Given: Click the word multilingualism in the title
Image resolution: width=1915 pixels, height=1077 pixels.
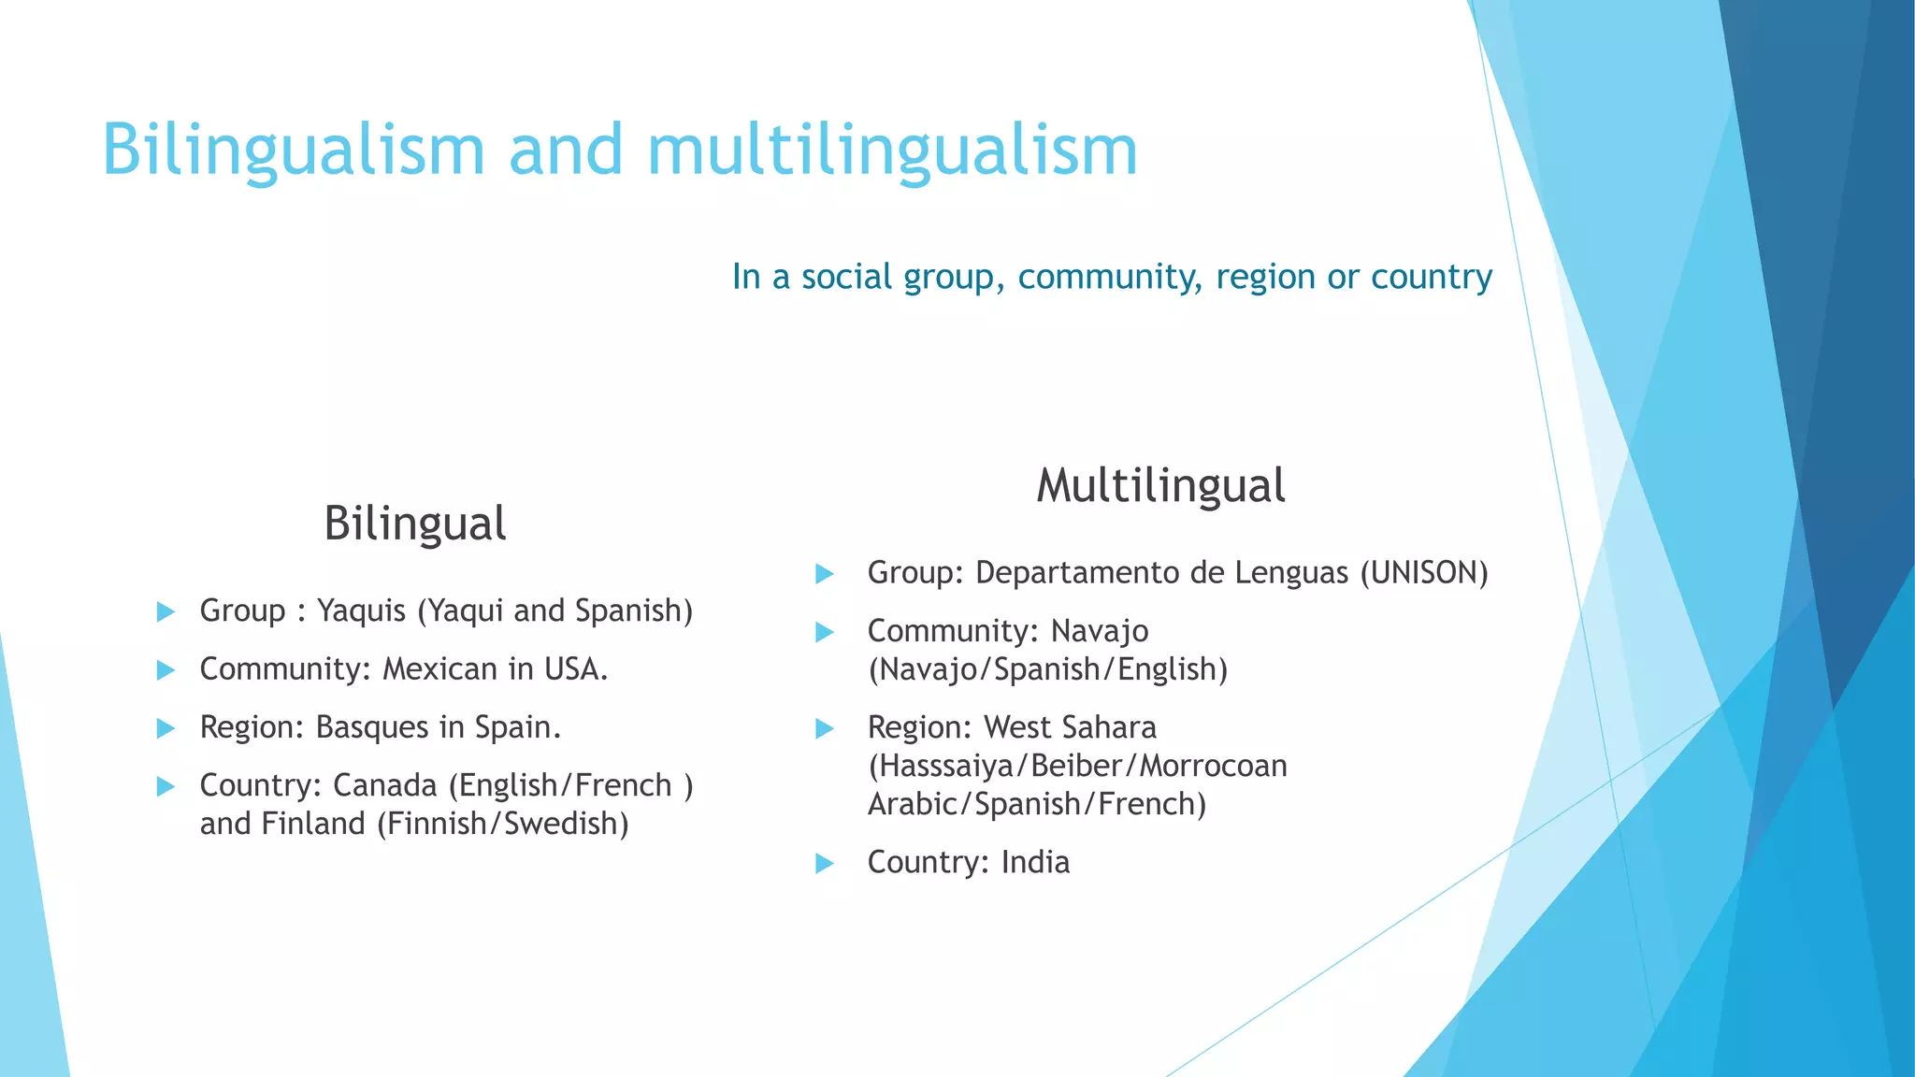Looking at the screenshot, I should click(x=892, y=150).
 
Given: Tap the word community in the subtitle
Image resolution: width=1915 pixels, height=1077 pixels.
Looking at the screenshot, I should click(x=1110, y=277).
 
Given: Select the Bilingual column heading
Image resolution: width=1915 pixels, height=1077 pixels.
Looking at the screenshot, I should click(x=414, y=523).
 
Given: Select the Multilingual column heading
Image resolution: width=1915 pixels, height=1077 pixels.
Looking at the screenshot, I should click(x=1160, y=485).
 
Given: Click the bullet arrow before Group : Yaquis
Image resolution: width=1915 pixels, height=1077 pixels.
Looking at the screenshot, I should click(x=166, y=612).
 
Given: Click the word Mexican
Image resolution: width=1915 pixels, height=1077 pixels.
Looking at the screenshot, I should click(x=439, y=669).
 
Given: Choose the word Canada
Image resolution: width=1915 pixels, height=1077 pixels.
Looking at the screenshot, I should click(x=385, y=785).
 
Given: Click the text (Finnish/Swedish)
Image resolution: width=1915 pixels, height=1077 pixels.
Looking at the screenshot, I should click(x=503, y=824).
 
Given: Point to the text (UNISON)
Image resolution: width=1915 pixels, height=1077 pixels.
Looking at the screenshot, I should click(x=1423, y=572).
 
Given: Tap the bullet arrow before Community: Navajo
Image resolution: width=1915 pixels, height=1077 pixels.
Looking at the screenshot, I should click(x=825, y=633).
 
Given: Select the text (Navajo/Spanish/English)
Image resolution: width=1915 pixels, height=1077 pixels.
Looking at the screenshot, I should click(x=1047, y=669).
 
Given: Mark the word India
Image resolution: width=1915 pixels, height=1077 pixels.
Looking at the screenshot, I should click(x=1035, y=862).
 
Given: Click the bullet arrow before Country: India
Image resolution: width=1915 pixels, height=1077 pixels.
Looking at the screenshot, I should click(x=825, y=863).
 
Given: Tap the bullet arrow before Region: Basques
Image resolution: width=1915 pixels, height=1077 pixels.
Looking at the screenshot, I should click(x=166, y=728).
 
